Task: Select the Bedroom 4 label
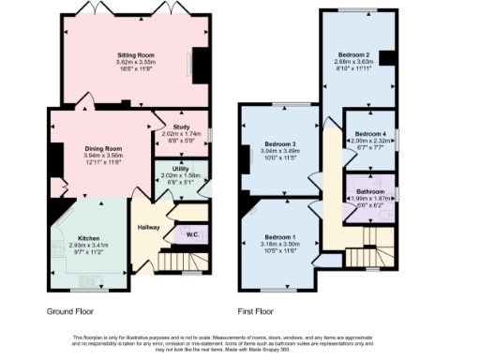click(370, 135)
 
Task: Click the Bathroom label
click(369, 190)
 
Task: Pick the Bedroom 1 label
click(279, 236)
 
